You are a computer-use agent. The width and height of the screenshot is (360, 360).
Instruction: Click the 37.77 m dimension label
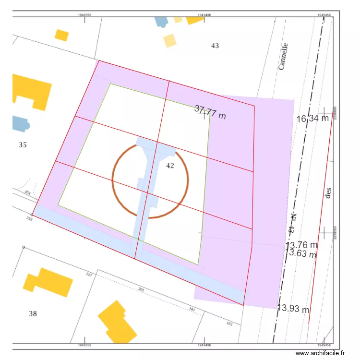(x=210, y=112)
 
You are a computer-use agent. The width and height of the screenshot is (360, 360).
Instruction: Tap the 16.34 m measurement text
(x=312, y=118)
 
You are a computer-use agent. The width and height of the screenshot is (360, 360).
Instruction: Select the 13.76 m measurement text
(x=302, y=245)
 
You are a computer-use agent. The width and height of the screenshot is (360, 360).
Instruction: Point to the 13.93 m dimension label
(x=294, y=308)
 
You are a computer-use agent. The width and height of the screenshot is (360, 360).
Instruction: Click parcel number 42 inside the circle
(x=170, y=166)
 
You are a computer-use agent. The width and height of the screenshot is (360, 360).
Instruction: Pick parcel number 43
(x=215, y=46)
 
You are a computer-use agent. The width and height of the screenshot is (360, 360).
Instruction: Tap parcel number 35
(x=23, y=144)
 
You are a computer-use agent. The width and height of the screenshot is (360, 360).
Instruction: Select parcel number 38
(x=33, y=313)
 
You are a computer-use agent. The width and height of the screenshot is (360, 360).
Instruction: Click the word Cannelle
(x=284, y=56)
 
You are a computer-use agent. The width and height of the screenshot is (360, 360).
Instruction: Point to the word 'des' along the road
(x=328, y=193)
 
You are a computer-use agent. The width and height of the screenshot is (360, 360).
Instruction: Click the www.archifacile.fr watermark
(x=321, y=353)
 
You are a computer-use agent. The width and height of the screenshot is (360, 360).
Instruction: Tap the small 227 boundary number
(x=89, y=275)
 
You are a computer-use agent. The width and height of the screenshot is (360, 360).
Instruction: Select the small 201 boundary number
(x=141, y=289)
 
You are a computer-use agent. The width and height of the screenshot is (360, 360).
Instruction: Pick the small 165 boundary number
(x=229, y=324)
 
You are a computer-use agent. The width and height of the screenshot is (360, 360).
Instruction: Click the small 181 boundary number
(x=192, y=309)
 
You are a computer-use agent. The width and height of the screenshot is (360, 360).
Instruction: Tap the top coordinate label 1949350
(x=84, y=15)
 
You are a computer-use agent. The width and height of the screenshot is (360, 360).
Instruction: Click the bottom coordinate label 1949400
(x=204, y=345)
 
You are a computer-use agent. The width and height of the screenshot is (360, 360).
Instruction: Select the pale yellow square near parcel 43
(x=170, y=40)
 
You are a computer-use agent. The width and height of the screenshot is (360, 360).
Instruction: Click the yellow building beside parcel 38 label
(x=48, y=282)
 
